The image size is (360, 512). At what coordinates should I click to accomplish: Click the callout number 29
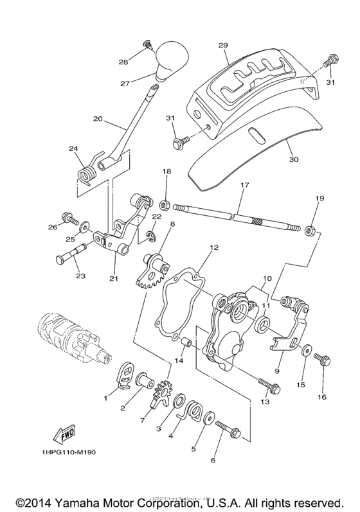coord(223,45)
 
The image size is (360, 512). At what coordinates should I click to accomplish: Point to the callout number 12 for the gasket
coord(214,247)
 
